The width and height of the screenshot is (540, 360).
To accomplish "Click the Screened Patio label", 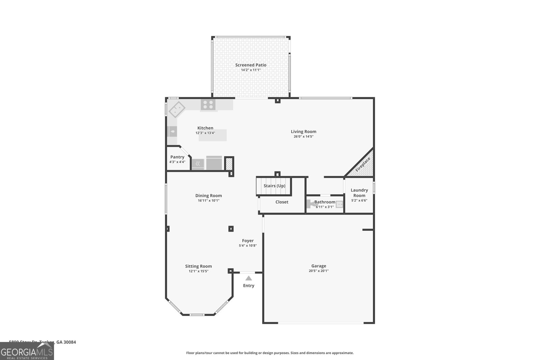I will click(x=251, y=65).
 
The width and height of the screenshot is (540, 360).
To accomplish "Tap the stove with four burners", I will click(x=208, y=105).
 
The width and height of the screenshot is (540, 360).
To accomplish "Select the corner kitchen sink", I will click(x=177, y=109).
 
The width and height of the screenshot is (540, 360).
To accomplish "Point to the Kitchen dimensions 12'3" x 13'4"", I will click(x=205, y=133).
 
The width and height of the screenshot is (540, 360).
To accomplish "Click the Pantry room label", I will click(x=177, y=157).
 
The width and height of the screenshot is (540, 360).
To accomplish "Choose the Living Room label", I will click(x=303, y=132).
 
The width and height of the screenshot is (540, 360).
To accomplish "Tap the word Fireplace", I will click(x=363, y=164).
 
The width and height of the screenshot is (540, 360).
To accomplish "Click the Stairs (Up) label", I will click(x=274, y=186).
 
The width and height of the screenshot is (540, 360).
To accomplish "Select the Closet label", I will click(x=282, y=202).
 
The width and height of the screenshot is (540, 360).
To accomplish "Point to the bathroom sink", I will click(x=339, y=204).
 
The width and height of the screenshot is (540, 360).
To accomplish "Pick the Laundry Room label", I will click(x=359, y=193).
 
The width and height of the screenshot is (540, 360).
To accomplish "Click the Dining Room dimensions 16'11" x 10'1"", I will click(x=209, y=200).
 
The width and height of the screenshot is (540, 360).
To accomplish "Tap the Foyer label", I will click(x=248, y=241).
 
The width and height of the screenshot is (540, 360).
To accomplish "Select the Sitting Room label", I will click(x=198, y=266).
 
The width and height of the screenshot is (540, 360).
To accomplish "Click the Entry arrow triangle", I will click(x=249, y=278).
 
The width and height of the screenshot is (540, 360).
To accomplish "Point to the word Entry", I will click(x=249, y=286).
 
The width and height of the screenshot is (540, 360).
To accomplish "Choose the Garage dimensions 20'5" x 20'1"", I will click(x=319, y=271).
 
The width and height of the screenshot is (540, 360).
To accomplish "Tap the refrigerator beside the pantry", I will click(x=214, y=163).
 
